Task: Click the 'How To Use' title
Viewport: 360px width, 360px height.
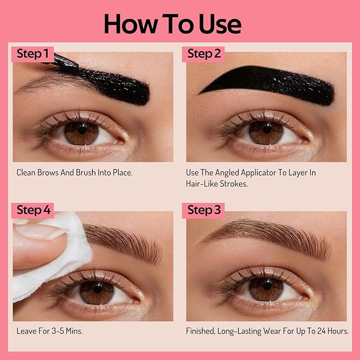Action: click(x=172, y=24)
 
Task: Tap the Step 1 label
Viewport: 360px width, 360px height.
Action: click(x=32, y=54)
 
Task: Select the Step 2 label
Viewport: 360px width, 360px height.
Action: click(x=204, y=54)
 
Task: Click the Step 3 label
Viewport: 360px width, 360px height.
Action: click(x=204, y=210)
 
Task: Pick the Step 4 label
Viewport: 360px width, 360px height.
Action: click(x=33, y=210)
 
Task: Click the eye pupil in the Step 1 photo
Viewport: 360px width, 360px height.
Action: click(x=82, y=128)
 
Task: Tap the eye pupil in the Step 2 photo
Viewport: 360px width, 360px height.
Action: click(x=266, y=128)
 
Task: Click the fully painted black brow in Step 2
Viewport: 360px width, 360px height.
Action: click(x=270, y=86)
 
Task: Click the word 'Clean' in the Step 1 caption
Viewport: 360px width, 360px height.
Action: click(x=27, y=172)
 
